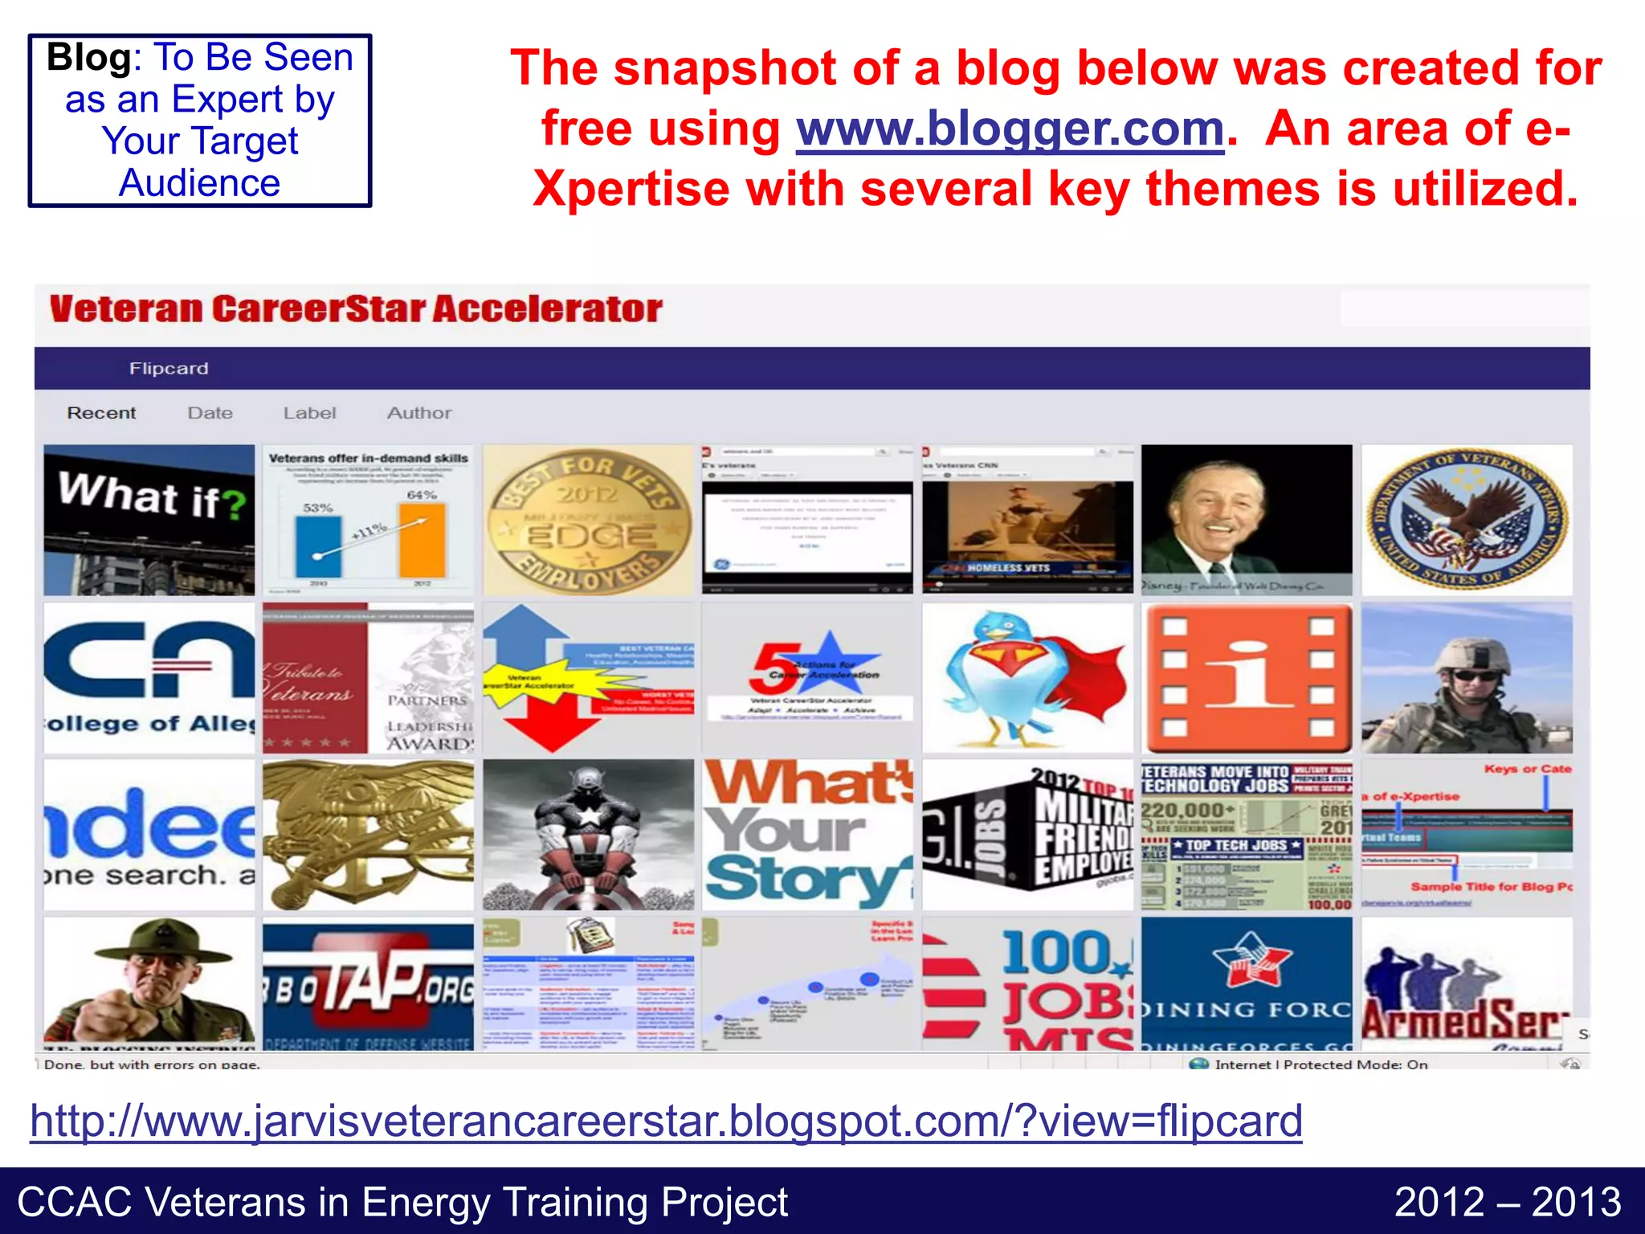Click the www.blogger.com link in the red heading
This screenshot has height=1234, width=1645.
[x=1010, y=129]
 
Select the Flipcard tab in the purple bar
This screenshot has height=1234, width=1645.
[x=169, y=369]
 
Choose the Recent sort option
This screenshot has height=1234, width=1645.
[x=101, y=413]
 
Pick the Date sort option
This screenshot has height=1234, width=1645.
[x=210, y=413]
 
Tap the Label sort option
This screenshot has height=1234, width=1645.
[x=309, y=413]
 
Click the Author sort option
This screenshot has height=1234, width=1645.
[x=419, y=413]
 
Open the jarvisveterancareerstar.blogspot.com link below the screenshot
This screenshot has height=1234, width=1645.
[x=666, y=1121]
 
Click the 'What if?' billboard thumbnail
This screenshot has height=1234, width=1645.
[x=149, y=520]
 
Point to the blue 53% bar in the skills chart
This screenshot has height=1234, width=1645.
[x=318, y=546]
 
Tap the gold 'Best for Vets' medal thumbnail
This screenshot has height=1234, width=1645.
[x=588, y=520]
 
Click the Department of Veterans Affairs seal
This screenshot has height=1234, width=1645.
[x=1467, y=520]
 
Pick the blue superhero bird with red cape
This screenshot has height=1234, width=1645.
[x=1027, y=678]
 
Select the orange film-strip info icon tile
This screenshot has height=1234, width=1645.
[x=1247, y=678]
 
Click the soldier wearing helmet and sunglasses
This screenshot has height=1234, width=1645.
[x=1467, y=678]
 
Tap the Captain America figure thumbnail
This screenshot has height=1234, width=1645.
[x=588, y=835]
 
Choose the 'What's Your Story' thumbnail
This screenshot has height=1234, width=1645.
[x=807, y=835]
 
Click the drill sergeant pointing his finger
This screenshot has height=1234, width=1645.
[x=149, y=984]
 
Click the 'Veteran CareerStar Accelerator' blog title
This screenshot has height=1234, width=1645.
[x=356, y=309]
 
